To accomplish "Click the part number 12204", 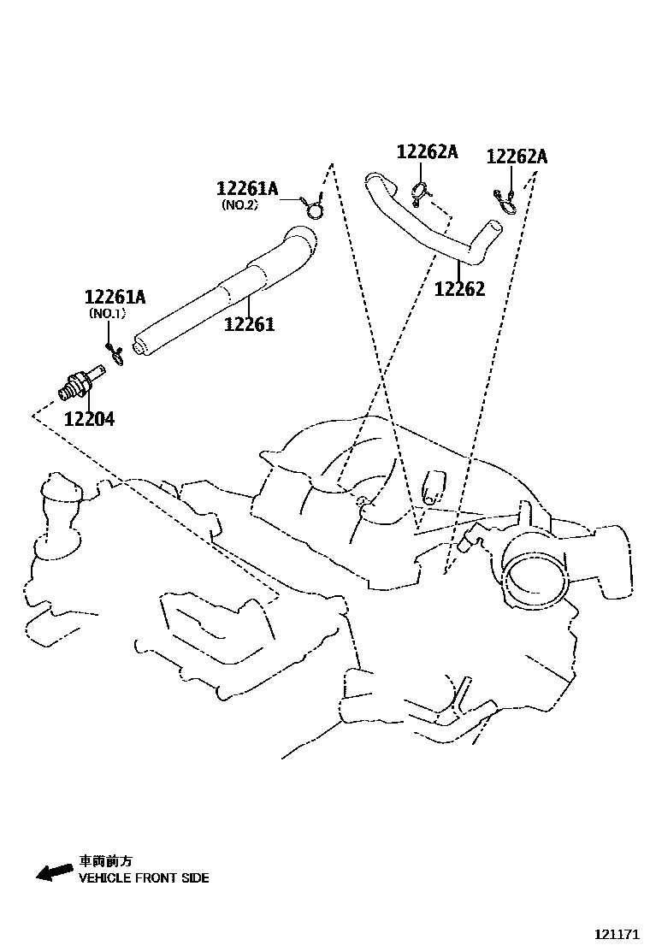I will click(89, 419).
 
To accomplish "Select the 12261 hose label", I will click(250, 324).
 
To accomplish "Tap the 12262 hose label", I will click(459, 288).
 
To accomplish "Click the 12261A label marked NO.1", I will click(115, 298).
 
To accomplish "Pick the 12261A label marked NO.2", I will click(247, 189).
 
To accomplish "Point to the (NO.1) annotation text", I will click(108, 314).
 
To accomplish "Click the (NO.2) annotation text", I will click(239, 205).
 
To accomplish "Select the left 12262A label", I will click(427, 152).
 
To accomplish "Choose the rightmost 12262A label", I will click(517, 157).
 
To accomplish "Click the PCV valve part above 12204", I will click(80, 382).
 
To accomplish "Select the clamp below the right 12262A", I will click(505, 201).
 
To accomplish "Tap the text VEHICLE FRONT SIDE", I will click(144, 877).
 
